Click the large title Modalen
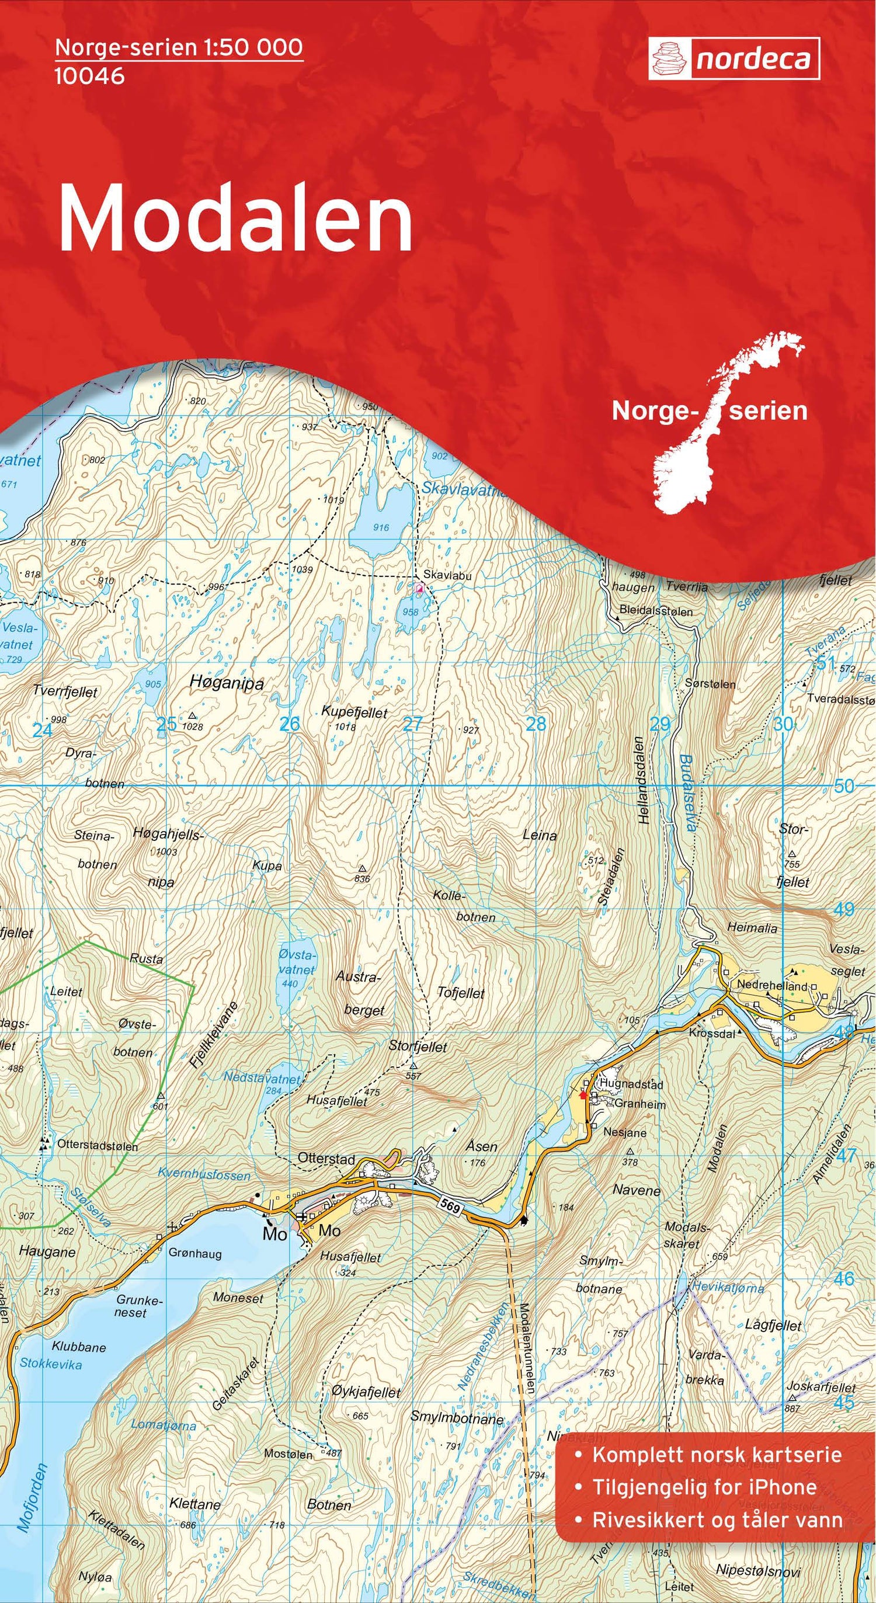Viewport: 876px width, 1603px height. (235, 218)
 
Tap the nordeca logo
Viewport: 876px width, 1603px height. (734, 58)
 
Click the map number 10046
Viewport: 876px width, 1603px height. (89, 76)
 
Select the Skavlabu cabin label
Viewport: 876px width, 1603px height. (447, 576)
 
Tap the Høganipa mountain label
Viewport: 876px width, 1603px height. (227, 683)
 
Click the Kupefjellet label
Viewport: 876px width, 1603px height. (354, 712)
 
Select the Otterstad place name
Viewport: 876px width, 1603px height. (326, 1159)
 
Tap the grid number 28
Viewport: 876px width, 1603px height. (536, 724)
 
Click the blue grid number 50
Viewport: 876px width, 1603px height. (844, 786)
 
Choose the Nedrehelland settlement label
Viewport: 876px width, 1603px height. (771, 985)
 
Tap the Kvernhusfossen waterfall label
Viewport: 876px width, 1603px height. (204, 1175)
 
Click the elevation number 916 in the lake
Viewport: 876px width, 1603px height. (381, 527)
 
